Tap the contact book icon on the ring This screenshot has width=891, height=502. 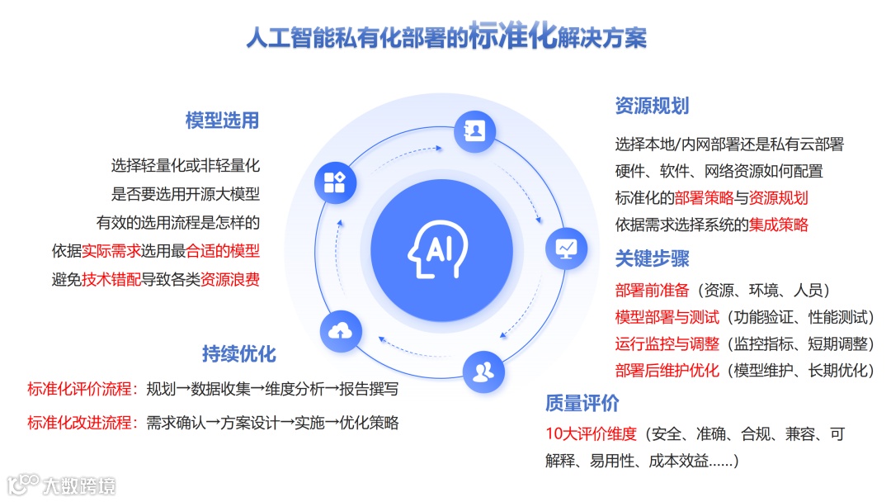coord(476,130)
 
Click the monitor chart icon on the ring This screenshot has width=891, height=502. coord(567,247)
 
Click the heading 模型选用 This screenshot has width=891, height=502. coord(222,121)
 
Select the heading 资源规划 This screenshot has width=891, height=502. coord(652,106)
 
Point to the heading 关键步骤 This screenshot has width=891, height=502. coord(652,258)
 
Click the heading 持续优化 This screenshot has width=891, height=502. coord(238,354)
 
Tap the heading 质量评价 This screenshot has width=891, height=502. coord(582,404)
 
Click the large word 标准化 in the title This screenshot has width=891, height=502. coord(513,37)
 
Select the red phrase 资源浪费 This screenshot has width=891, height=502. coord(230,279)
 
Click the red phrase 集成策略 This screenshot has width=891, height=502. coord(778,224)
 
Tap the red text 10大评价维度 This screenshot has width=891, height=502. coord(591,433)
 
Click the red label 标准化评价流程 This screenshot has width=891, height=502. coord(80,389)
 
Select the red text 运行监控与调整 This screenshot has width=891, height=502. coord(667,343)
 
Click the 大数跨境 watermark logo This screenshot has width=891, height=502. coord(63,484)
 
